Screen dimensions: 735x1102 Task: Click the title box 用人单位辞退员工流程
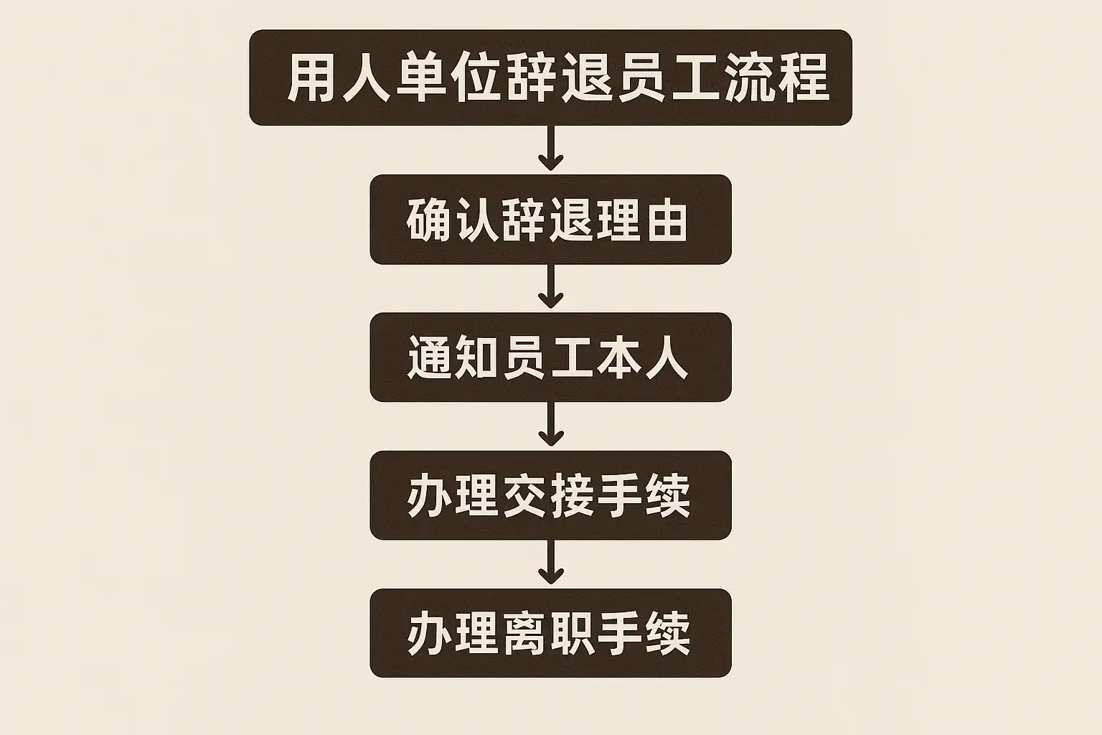(x=550, y=78)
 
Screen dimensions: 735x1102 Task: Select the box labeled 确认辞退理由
(x=550, y=220)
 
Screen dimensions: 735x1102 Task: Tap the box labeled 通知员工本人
(x=550, y=357)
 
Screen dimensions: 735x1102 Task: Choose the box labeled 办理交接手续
(x=550, y=495)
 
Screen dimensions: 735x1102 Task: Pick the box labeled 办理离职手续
(x=550, y=633)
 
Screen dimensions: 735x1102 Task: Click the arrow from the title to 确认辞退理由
(x=550, y=149)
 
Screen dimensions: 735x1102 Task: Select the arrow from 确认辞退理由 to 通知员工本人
(x=550, y=287)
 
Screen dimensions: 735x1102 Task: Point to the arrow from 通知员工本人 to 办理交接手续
(x=550, y=425)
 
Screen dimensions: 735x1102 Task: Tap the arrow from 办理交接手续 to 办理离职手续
(x=550, y=563)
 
